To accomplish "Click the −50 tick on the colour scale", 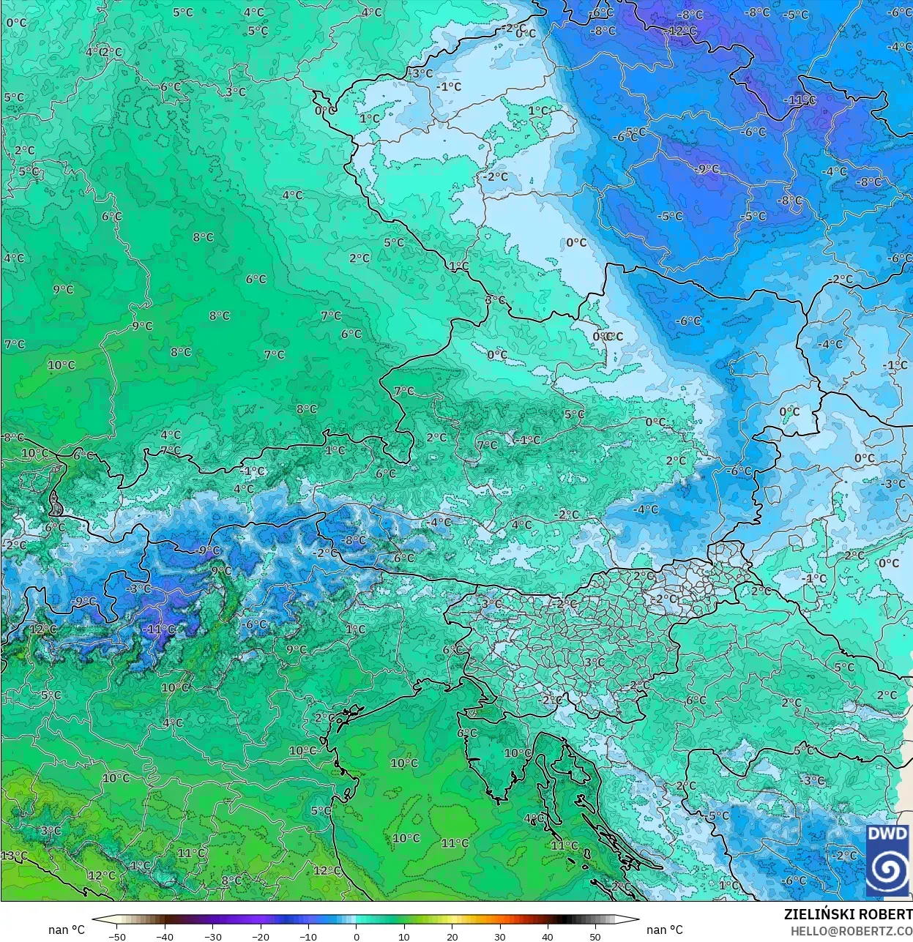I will click(x=116, y=936).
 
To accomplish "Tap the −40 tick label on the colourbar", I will click(x=165, y=936).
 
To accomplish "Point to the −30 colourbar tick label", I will click(x=212, y=936).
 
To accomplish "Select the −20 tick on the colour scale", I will click(x=260, y=936).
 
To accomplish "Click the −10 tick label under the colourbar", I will click(x=308, y=936).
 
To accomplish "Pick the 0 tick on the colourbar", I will click(x=357, y=936).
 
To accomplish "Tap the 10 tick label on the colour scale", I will click(x=404, y=936).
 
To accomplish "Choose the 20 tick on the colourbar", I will click(x=452, y=936).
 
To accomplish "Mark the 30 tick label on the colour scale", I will click(x=499, y=936).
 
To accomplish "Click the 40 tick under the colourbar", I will click(x=547, y=936).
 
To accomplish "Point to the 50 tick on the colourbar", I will click(x=595, y=936).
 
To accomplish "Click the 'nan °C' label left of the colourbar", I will click(x=67, y=930).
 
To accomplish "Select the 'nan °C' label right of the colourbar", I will click(x=664, y=930).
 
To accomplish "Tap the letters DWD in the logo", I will click(x=887, y=834).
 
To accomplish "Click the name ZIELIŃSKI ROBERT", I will click(x=848, y=914).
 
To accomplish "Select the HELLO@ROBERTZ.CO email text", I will click(x=851, y=930).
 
